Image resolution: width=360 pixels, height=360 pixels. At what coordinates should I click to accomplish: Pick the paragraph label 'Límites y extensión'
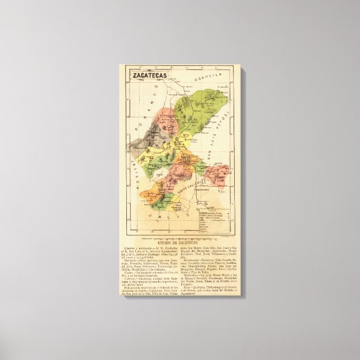tap(135, 248)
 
